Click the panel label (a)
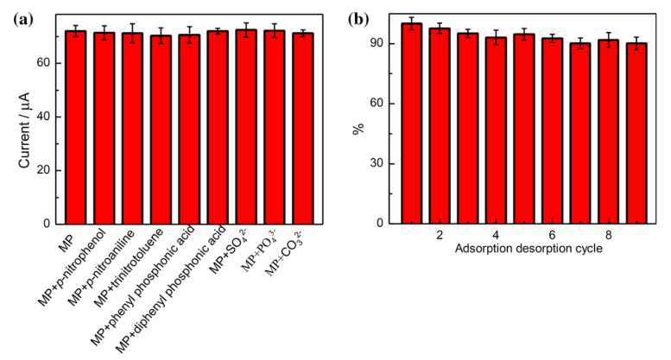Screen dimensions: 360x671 coord(24,17)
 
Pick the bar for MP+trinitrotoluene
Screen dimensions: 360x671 coord(161,129)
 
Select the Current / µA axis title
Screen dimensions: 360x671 coord(23,117)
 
